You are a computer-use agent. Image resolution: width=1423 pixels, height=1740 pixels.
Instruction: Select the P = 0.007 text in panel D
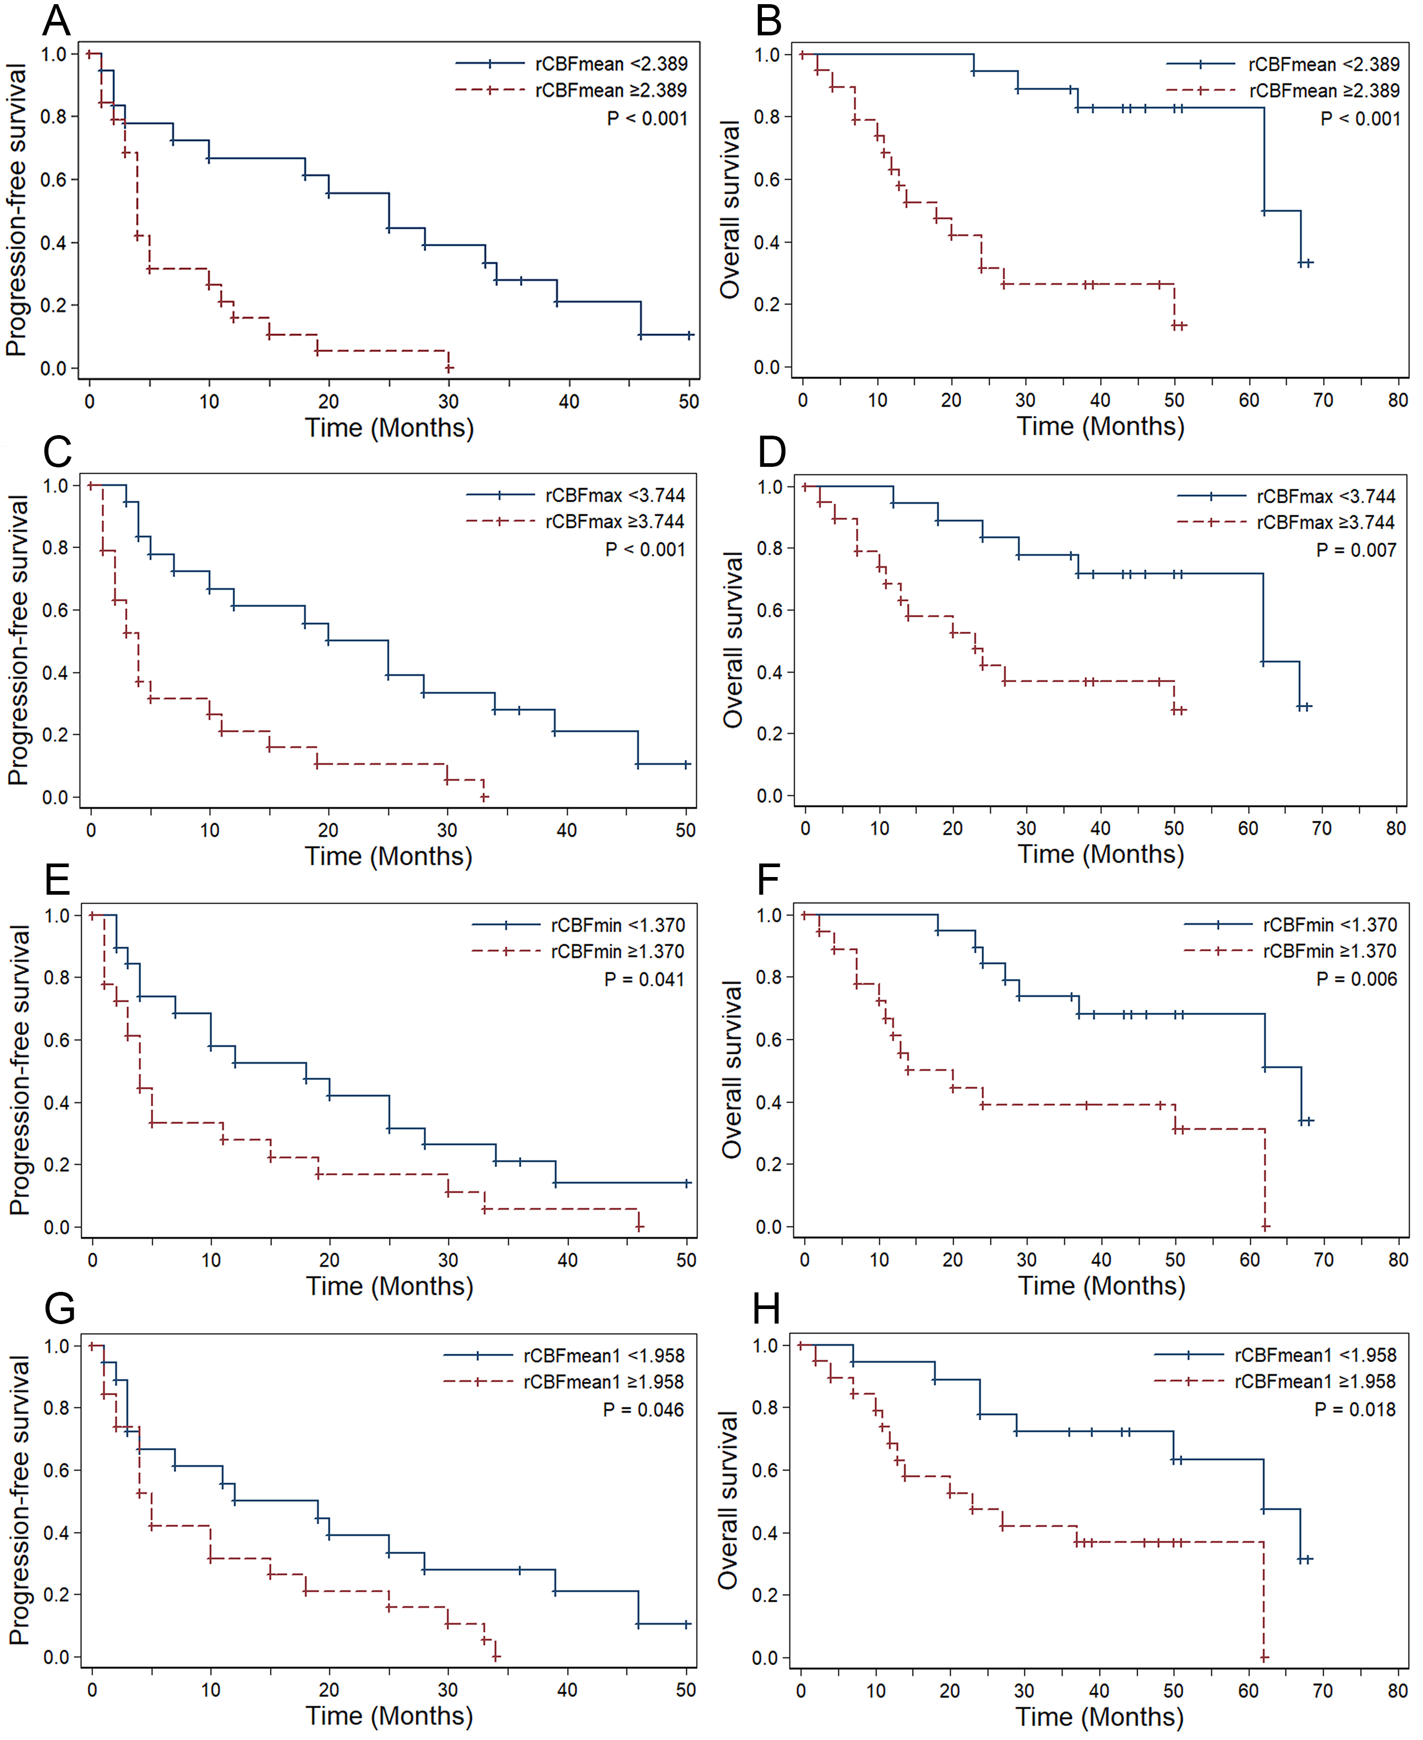tap(1356, 550)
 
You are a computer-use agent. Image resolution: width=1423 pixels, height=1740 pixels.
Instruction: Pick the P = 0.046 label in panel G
tap(643, 1409)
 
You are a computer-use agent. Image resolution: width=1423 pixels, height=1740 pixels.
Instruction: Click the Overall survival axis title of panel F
tap(731, 1069)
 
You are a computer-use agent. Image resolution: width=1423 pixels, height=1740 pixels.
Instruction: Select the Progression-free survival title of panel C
tap(18, 639)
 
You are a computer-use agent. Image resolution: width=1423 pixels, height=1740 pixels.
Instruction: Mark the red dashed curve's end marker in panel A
tap(449, 368)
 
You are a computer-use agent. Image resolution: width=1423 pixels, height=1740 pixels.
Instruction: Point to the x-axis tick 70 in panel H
tap(1323, 1691)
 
